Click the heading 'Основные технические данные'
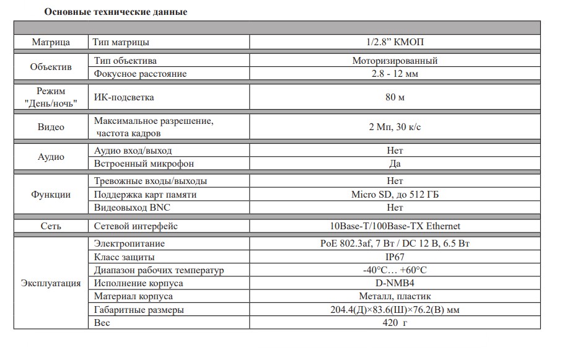click(x=116, y=12)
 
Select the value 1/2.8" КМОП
click(x=395, y=42)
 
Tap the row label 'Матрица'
click(x=51, y=42)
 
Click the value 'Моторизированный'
click(x=395, y=61)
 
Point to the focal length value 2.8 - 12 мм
click(x=395, y=74)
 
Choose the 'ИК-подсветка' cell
click(x=124, y=97)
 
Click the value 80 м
click(x=395, y=97)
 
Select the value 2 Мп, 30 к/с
click(x=395, y=127)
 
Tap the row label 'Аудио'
click(x=51, y=157)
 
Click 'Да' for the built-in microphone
click(x=395, y=164)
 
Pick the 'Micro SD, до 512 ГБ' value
click(x=395, y=195)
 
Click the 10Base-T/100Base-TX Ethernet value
click(x=395, y=226)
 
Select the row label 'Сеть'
click(x=51, y=226)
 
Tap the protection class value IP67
click(x=395, y=257)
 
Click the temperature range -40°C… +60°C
click(x=395, y=270)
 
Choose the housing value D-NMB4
click(x=395, y=283)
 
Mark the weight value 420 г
click(x=395, y=322)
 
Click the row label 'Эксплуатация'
click(x=51, y=283)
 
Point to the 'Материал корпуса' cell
click(x=133, y=296)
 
